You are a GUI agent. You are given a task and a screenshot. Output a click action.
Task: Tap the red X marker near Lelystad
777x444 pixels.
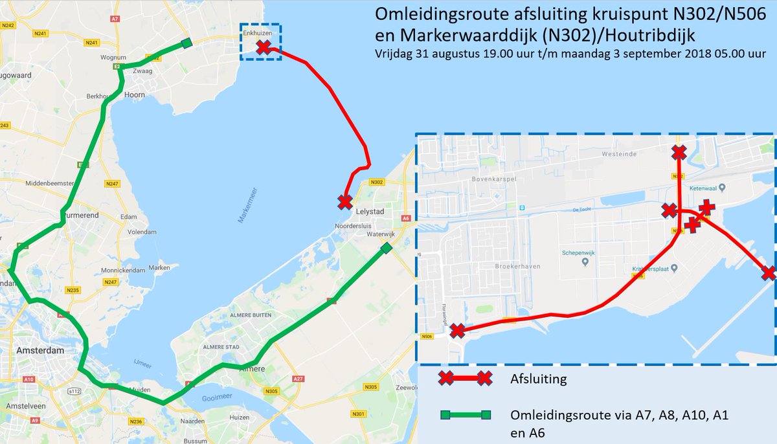click(345, 201)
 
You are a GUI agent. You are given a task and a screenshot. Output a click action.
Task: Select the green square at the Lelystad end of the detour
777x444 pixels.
click(386, 249)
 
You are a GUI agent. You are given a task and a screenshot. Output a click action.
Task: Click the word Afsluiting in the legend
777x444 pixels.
click(539, 379)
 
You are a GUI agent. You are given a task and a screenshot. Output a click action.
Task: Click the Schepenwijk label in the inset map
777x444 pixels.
click(578, 254)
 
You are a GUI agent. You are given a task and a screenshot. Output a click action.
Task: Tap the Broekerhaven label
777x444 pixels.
click(515, 266)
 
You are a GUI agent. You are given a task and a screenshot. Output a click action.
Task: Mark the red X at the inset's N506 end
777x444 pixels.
click(457, 331)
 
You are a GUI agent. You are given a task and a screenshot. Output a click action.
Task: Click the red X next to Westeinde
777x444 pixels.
click(679, 153)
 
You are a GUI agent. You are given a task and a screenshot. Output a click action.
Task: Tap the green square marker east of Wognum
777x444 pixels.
click(186, 43)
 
